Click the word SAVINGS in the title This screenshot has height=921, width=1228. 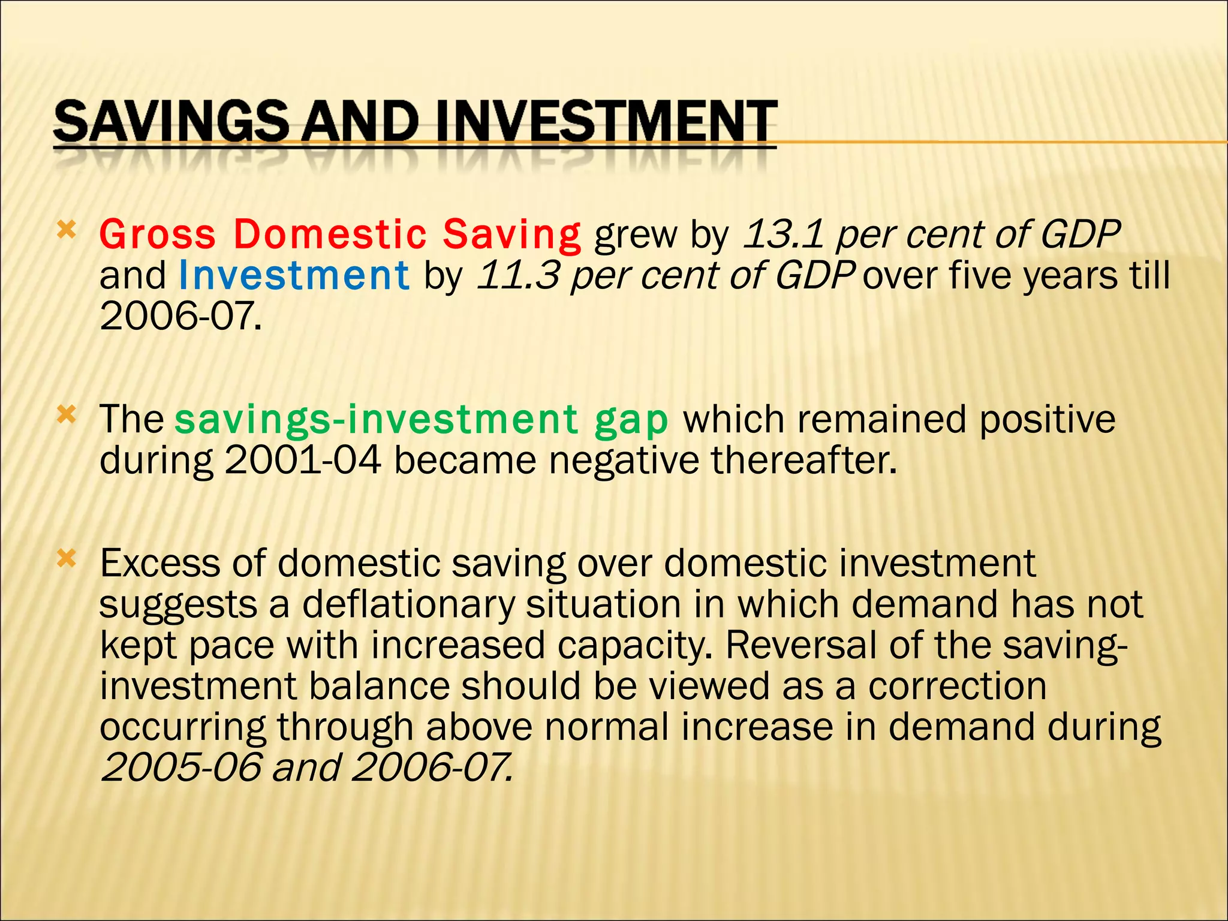tap(171, 122)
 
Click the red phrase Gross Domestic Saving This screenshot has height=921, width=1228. tap(339, 234)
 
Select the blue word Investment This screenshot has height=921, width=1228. tap(294, 275)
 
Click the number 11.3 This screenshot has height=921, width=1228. tap(518, 275)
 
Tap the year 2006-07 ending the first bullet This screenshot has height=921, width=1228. tap(180, 316)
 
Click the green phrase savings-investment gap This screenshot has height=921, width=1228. tap(421, 419)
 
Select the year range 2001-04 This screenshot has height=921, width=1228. tap(303, 460)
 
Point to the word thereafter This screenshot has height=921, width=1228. tap(803, 460)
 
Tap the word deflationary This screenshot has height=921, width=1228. tap(408, 604)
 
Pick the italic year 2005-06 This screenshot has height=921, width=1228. tap(182, 767)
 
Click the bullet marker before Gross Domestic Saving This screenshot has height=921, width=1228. tap(66, 230)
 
